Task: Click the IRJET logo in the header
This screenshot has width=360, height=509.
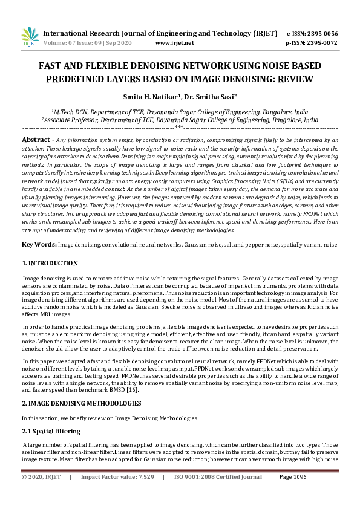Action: (29, 37)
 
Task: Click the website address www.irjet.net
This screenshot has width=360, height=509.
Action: (175, 44)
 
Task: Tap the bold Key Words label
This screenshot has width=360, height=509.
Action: (39, 244)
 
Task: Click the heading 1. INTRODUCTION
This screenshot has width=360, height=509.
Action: (50, 264)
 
